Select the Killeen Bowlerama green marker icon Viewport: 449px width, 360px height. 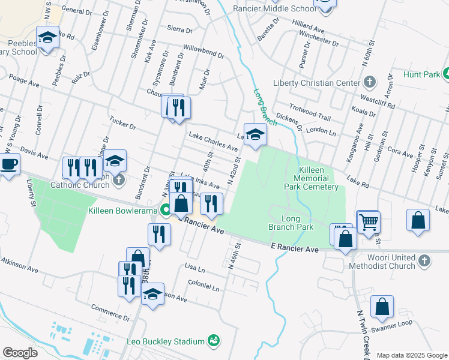(x=165, y=210)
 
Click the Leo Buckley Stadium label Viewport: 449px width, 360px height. (x=166, y=341)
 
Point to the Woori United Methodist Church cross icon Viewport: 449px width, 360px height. (x=424, y=260)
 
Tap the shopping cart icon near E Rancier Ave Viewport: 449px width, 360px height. (x=368, y=222)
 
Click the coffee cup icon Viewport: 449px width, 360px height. (x=9, y=164)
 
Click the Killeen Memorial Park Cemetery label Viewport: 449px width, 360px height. (x=312, y=179)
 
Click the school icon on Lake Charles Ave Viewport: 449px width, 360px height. (x=255, y=134)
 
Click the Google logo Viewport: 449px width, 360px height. (x=20, y=353)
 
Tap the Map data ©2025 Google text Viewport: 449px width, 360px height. (x=411, y=355)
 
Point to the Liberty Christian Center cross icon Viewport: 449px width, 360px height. (x=370, y=82)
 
